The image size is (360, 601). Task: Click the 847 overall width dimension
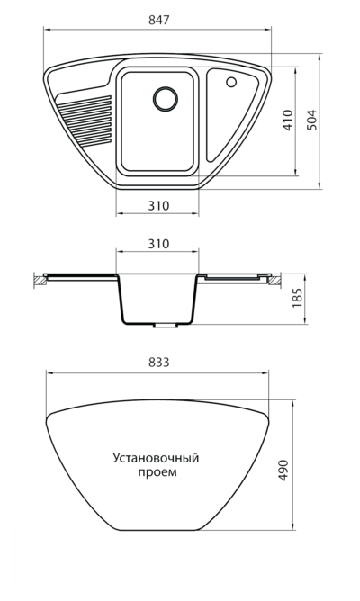[158, 20]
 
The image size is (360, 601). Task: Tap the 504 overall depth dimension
[312, 120]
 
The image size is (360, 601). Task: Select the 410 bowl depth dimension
[288, 120]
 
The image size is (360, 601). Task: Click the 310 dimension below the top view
[158, 206]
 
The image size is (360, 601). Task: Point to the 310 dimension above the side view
[158, 244]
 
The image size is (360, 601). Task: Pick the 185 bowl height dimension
[297, 299]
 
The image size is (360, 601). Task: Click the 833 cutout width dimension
[158, 363]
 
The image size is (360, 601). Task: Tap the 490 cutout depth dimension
[283, 471]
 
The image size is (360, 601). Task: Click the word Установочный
[156, 459]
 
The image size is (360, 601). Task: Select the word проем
[157, 472]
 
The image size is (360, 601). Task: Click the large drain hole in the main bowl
[166, 98]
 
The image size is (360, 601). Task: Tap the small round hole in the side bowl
[231, 82]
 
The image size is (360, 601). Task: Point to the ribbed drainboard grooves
[85, 121]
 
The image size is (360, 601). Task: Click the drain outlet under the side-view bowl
[166, 326]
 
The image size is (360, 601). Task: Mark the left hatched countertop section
[40, 281]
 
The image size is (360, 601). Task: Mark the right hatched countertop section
[274, 281]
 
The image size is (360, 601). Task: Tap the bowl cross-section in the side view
[157, 299]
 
